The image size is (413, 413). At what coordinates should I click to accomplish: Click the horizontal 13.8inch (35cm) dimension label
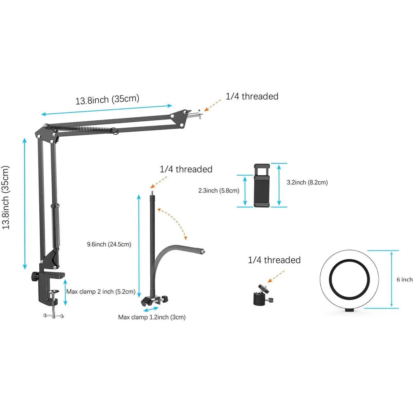[107, 99]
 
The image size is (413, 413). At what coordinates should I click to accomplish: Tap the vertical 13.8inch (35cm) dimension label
[6, 197]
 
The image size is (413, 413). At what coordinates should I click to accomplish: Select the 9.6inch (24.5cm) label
[109, 244]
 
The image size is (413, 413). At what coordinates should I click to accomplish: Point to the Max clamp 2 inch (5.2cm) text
[101, 292]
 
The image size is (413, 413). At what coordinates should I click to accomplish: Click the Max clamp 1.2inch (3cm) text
[152, 317]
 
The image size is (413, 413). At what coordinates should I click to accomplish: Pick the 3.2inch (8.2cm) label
[307, 182]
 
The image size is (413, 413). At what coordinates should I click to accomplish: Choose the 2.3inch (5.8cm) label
[219, 191]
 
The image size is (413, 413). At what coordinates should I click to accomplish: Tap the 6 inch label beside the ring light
[404, 280]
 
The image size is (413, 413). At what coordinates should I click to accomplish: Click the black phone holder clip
[262, 186]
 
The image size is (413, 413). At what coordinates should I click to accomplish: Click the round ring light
[349, 280]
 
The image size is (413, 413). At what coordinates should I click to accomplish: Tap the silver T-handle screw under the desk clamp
[53, 315]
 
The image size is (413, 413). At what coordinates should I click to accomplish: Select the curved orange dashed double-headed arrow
[173, 222]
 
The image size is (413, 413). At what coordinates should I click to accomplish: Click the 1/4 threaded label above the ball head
[274, 260]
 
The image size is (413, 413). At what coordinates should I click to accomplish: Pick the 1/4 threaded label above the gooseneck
[186, 169]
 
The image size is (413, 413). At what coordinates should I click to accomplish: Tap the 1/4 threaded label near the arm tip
[252, 97]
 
